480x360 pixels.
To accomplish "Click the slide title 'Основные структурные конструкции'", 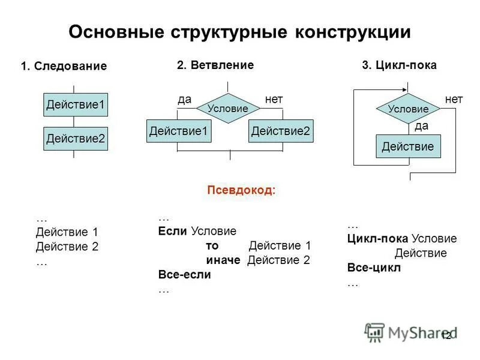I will point(239,32).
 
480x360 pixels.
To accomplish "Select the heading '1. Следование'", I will point(64,66).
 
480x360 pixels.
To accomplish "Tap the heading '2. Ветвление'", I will point(215,65).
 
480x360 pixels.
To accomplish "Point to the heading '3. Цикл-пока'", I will point(399,65).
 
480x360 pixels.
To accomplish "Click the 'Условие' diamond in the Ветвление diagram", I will point(228,109).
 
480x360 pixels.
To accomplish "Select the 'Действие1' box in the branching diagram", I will point(179,131).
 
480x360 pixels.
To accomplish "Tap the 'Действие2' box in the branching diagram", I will point(281,131).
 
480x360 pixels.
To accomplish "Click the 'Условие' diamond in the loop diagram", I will point(408,109).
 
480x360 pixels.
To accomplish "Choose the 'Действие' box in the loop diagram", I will point(408,146).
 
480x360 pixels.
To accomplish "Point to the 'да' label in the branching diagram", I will point(184,99).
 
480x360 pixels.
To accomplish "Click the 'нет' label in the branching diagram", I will point(274,99).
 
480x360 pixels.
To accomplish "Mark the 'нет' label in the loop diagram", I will point(454,99).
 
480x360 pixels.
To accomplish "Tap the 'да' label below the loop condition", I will point(422,126).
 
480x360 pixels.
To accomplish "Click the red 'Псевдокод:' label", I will point(241,190).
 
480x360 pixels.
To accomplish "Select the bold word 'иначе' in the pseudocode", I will point(223,260).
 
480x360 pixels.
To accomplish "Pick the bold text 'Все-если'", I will point(185,275).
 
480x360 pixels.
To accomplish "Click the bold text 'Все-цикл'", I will point(374,268).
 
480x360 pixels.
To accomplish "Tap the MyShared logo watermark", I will point(410,332).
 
